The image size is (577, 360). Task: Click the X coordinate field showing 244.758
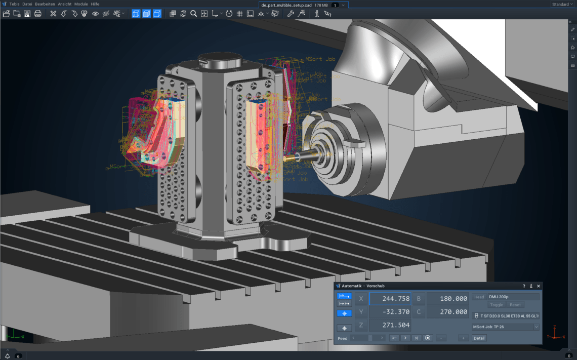pos(390,299)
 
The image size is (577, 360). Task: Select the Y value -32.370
pos(390,312)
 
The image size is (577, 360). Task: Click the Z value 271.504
pos(390,325)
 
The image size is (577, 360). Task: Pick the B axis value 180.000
pos(448,299)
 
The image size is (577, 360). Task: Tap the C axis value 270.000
pos(448,312)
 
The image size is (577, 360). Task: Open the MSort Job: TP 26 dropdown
pos(505,327)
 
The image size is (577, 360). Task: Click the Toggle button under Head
pos(497,305)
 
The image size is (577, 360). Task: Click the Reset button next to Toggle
pos(515,305)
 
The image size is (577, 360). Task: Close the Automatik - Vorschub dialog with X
pos(539,286)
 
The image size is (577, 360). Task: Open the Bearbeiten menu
pos(45,4)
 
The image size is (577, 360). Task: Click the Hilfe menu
pos(95,4)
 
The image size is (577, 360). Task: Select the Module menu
pos(81,4)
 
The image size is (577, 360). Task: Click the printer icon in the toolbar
pos(38,14)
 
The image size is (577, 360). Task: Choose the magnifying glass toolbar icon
pos(193,14)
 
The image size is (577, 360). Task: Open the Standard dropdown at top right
pos(562,4)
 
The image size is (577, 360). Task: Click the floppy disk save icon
pos(27,14)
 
